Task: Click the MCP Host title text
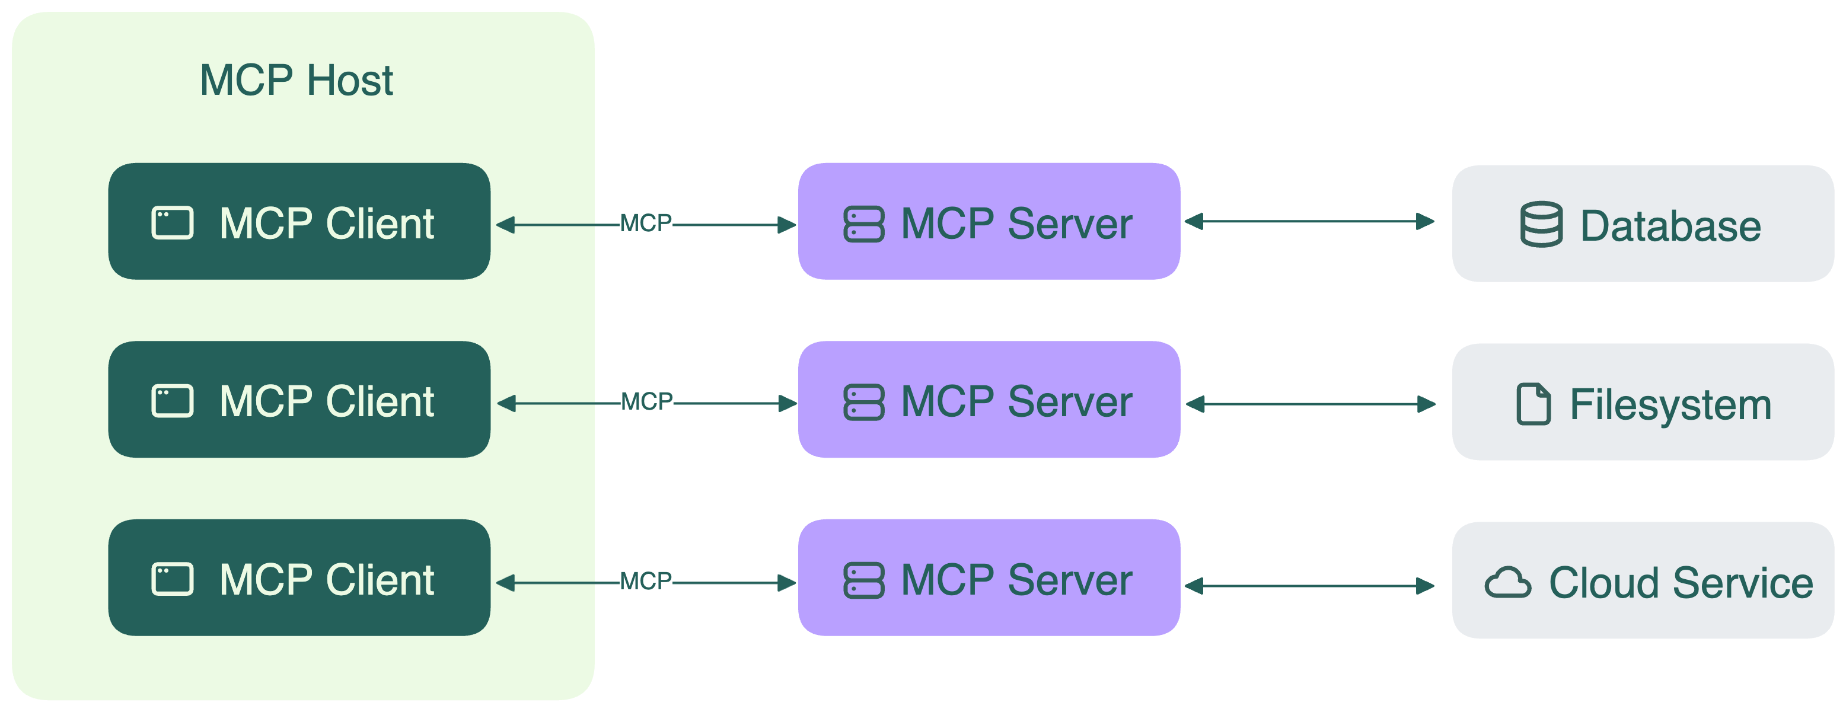click(x=296, y=80)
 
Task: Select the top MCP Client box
click(x=299, y=221)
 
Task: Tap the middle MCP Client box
click(x=299, y=400)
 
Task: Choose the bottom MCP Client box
click(x=299, y=578)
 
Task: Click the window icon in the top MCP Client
click(x=172, y=223)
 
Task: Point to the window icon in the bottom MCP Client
click(x=172, y=579)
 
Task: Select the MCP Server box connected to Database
click(x=989, y=221)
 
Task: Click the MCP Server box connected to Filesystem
click(x=989, y=400)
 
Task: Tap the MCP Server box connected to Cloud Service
click(x=989, y=578)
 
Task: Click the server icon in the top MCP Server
click(x=863, y=224)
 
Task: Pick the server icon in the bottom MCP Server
click(x=863, y=580)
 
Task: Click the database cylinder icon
click(x=1541, y=225)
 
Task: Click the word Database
click(x=1670, y=226)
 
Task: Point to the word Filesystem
click(x=1670, y=406)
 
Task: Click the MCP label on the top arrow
click(x=646, y=224)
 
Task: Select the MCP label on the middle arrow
click(x=646, y=402)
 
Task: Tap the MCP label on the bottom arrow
click(x=646, y=581)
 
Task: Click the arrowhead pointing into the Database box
click(x=1426, y=222)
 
